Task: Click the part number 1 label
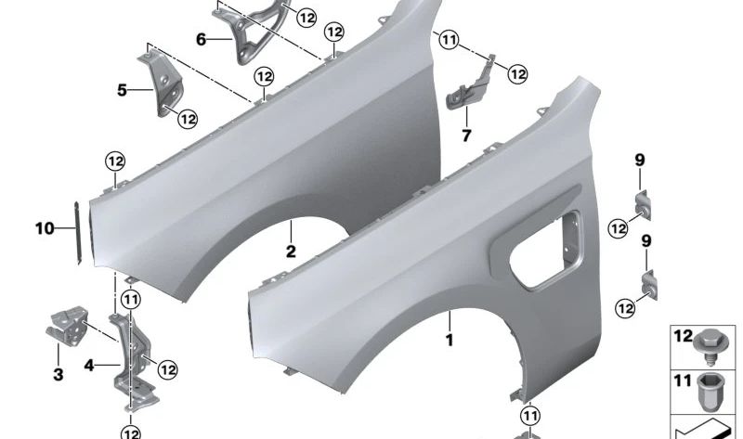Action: [449, 341]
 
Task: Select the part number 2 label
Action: [291, 252]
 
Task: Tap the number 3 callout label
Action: [58, 375]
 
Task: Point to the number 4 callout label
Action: [89, 366]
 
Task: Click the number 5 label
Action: [122, 90]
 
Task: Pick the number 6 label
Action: [201, 39]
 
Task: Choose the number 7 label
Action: [466, 136]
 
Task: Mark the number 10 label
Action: [46, 227]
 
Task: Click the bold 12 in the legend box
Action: [684, 336]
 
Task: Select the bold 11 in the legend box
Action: [684, 381]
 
